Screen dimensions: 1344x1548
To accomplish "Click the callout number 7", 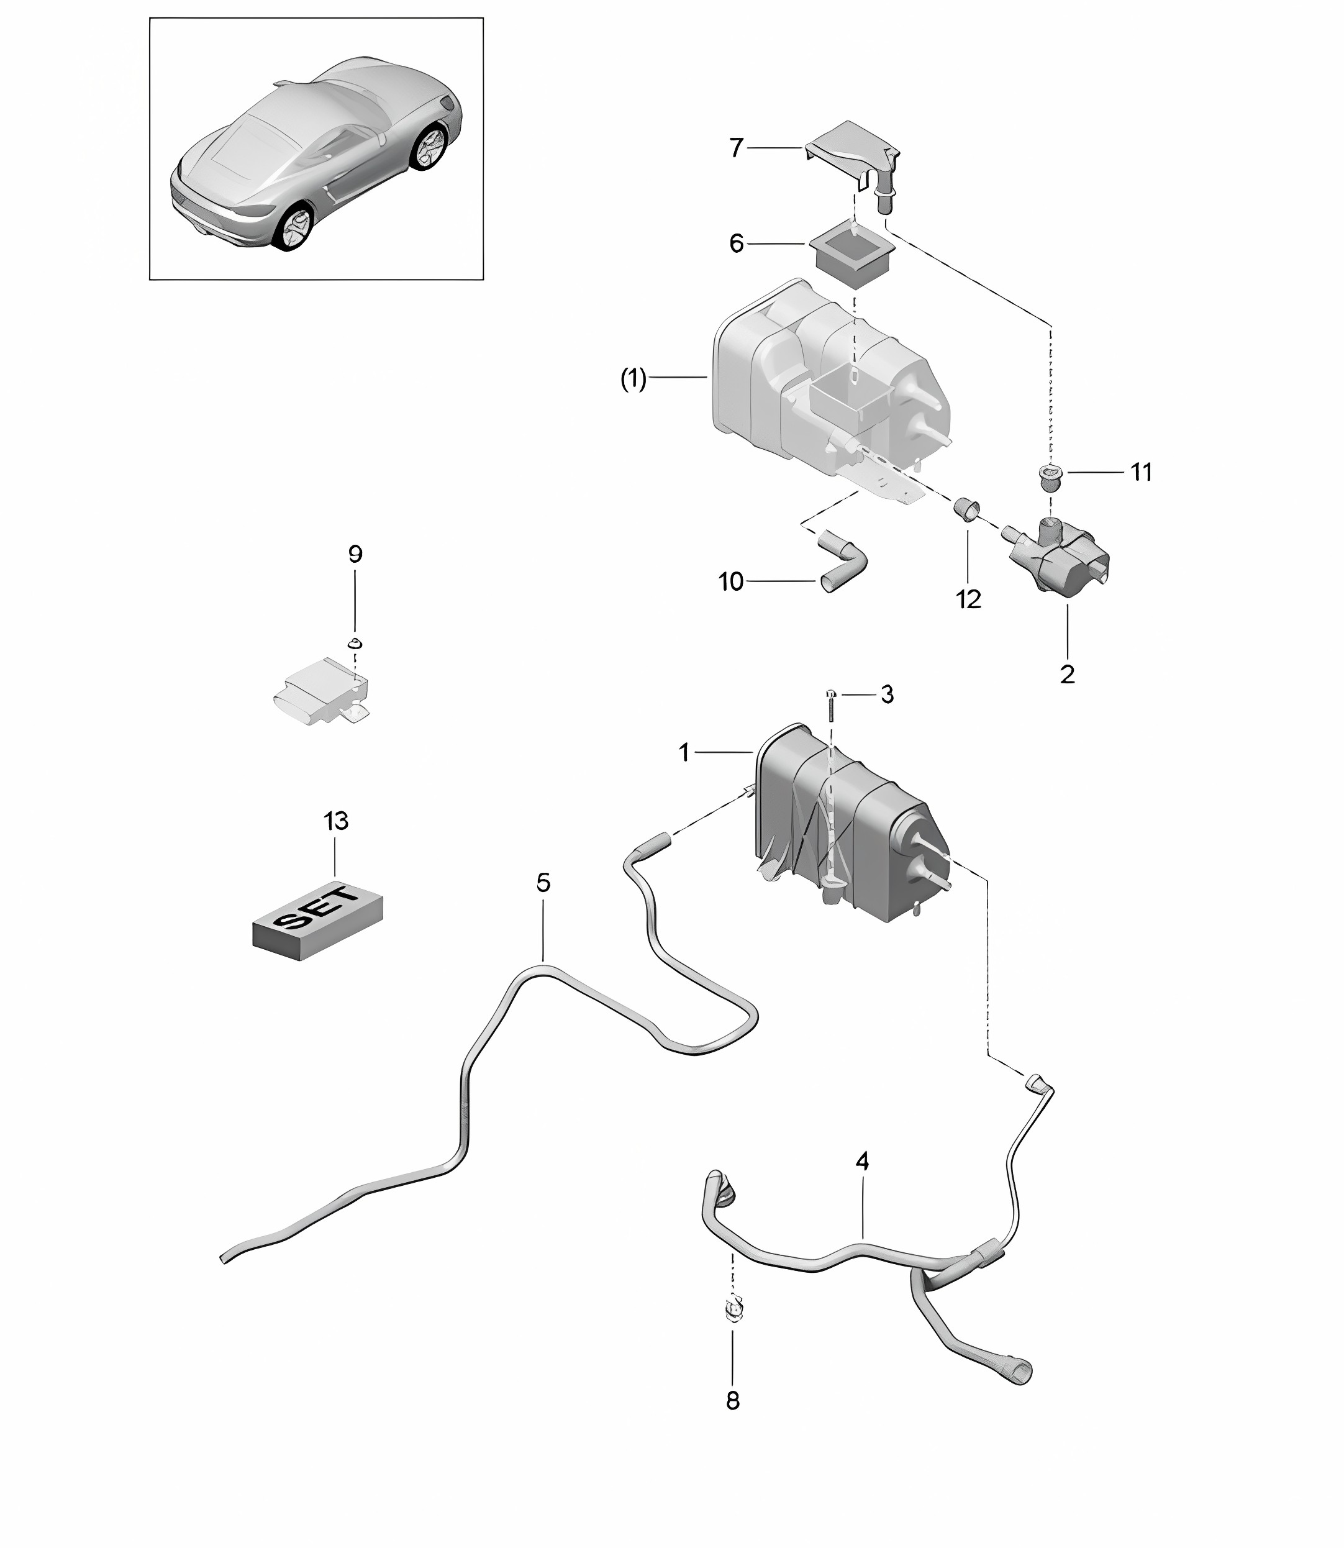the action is (x=736, y=148).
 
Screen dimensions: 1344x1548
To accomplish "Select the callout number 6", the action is (x=737, y=244).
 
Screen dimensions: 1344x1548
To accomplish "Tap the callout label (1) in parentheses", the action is (x=633, y=380).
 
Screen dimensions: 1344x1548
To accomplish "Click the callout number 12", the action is (x=968, y=599).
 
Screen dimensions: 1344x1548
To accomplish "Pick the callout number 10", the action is (x=731, y=581).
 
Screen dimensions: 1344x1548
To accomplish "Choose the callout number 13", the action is (x=336, y=821).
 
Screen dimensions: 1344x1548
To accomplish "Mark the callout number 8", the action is (x=733, y=1400).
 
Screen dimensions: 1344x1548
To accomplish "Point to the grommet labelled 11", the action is (x=1051, y=477).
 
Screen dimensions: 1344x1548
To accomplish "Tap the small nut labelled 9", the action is (x=355, y=643).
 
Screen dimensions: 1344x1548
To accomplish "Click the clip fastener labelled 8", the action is (x=733, y=1310).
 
